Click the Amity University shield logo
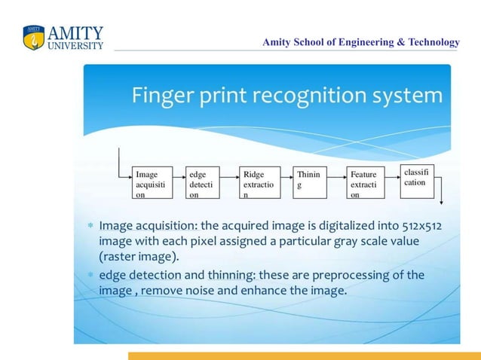[x=34, y=38]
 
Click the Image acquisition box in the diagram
[x=152, y=183]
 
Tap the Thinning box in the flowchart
[x=309, y=183]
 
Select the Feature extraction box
[x=365, y=183]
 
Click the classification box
[x=417, y=178]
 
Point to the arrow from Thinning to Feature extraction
[x=336, y=183]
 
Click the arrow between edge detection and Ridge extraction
[x=229, y=183]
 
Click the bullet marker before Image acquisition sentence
[x=90, y=225]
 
